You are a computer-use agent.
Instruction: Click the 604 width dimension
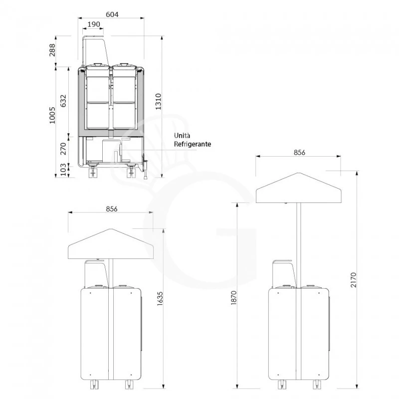coord(112,14)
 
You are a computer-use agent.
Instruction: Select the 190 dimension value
coord(94,24)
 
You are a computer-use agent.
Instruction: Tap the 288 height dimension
coord(52,50)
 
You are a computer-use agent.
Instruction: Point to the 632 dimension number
coord(63,101)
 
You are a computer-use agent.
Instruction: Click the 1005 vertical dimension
coord(52,115)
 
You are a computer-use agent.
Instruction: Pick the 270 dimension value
coord(63,149)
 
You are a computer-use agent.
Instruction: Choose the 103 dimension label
coord(63,170)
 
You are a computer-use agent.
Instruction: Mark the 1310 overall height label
coord(158,102)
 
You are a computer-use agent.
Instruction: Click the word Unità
coord(182,135)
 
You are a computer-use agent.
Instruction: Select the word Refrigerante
coord(193,144)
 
